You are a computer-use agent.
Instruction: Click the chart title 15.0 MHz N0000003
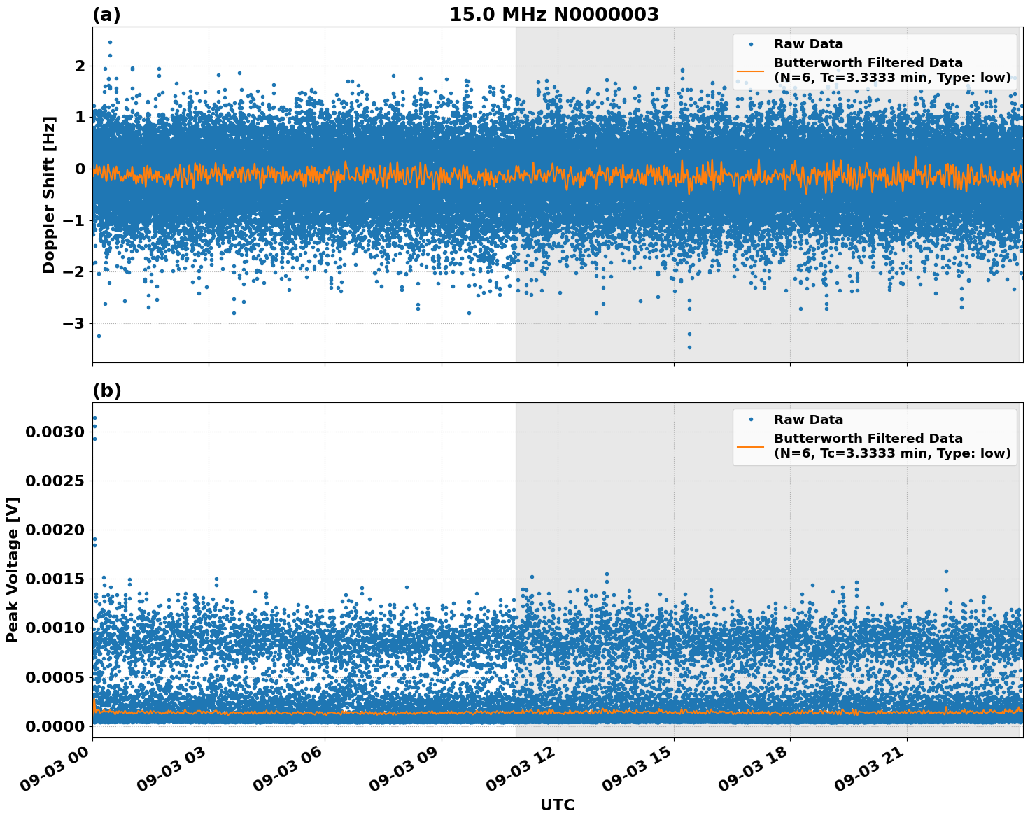pos(553,15)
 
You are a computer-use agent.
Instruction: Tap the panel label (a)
pos(106,15)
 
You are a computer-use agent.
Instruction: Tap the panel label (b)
pos(106,390)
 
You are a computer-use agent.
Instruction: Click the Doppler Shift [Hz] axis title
pos(48,195)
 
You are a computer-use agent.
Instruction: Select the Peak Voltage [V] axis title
pos(12,570)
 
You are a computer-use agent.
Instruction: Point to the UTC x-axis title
pos(557,805)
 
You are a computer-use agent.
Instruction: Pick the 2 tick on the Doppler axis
pos(80,66)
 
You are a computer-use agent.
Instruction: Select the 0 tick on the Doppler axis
pos(80,169)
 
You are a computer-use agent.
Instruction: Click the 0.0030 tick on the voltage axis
pos(55,432)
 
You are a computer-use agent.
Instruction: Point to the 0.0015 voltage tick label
pos(55,579)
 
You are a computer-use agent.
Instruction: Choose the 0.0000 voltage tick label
pos(55,726)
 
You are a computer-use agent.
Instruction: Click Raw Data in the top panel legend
pos(808,44)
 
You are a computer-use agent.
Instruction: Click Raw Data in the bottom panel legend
pos(808,420)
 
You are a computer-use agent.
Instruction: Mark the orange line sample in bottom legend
pos(750,446)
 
